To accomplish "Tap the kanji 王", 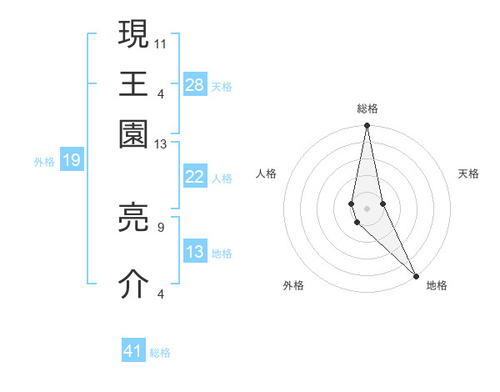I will tap(134, 83).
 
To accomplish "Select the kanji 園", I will tap(134, 134).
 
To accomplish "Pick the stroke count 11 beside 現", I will tap(162, 42).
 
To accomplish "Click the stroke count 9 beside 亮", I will tap(160, 225).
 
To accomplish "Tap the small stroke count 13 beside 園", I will tap(161, 144).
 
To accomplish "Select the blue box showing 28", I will tap(195, 84).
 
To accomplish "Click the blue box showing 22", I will tap(195, 177).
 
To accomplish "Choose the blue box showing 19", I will tap(72, 160).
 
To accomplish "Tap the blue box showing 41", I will tap(133, 351).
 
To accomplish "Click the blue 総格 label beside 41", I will tap(160, 353).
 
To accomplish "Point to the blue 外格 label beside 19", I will tap(44, 162).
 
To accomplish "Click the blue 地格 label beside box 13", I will tap(222, 254).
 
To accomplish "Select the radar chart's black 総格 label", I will tap(367, 108).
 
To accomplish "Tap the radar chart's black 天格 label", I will tap(468, 173).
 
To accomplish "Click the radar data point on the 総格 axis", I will tap(367, 127).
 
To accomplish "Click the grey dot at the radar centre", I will tap(367, 208).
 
